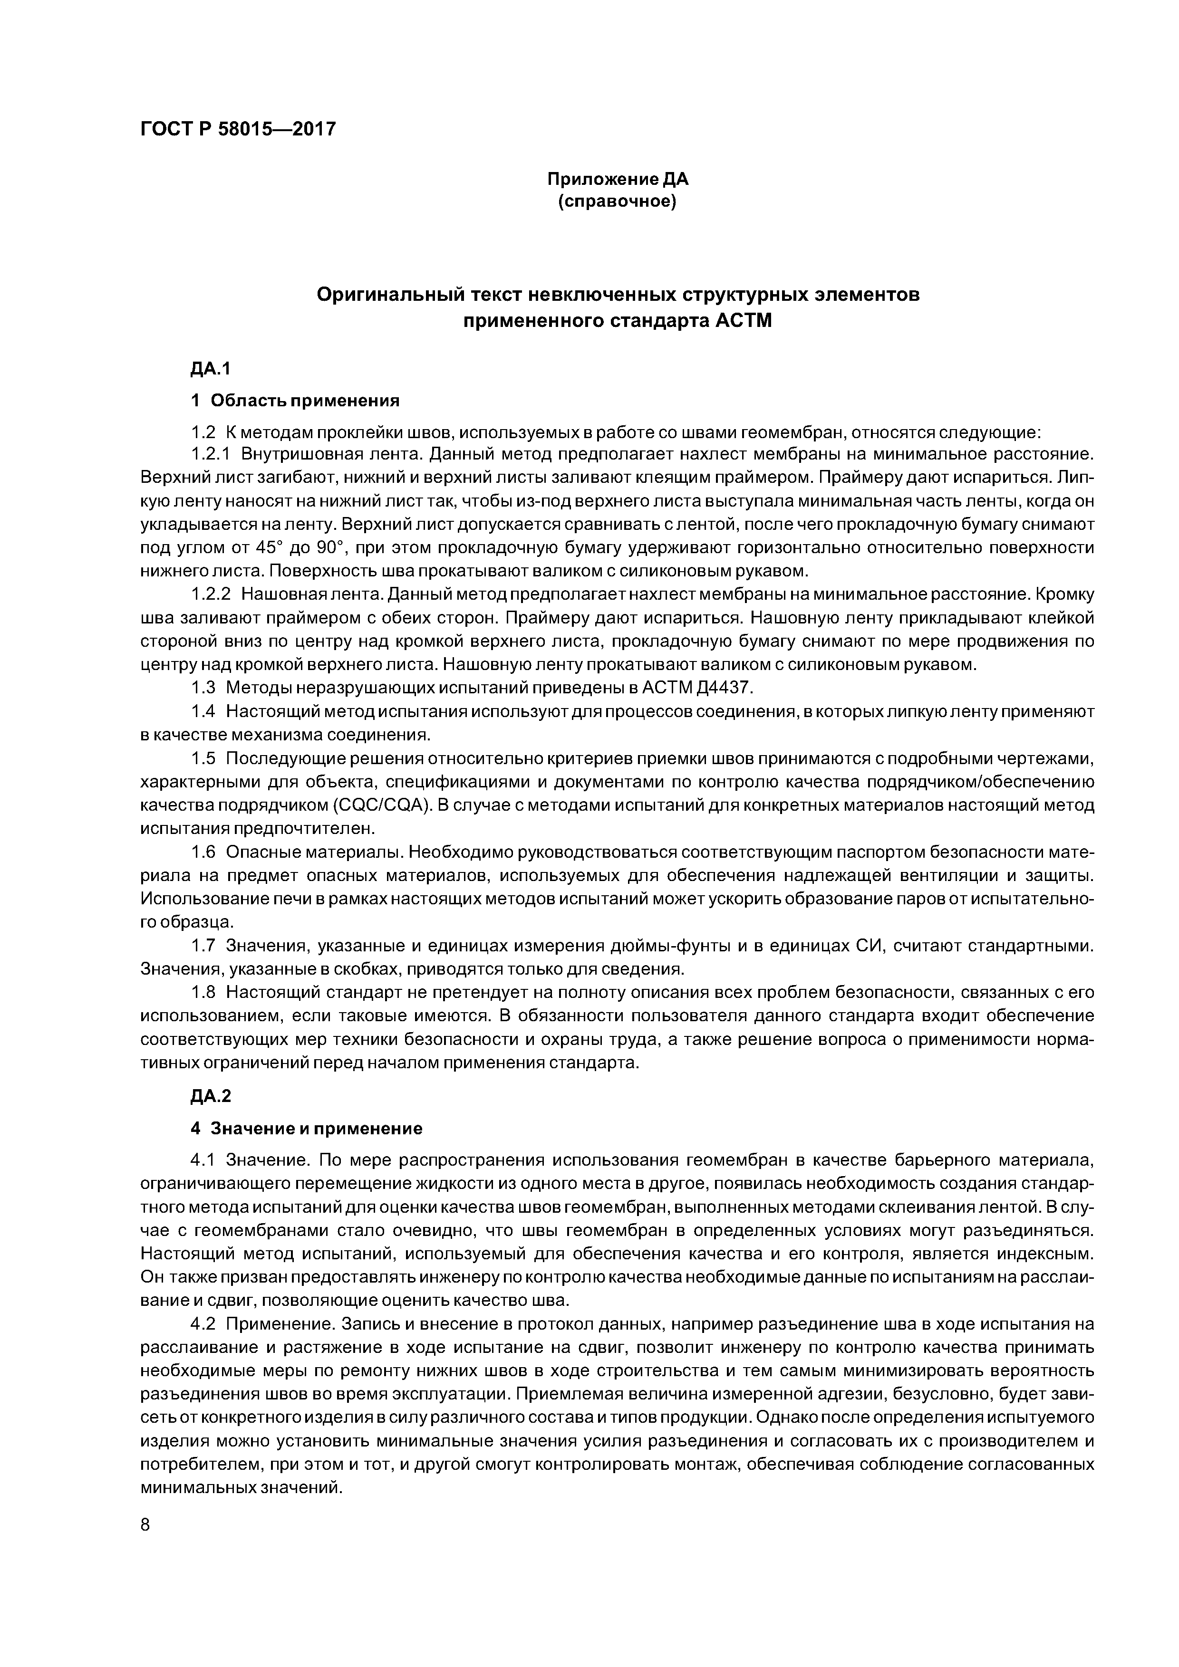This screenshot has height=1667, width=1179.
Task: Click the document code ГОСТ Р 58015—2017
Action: (x=238, y=129)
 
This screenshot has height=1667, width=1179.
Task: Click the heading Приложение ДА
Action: (x=618, y=178)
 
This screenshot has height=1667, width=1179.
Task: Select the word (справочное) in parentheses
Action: (x=618, y=201)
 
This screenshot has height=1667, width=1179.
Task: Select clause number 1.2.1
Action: (x=210, y=454)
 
